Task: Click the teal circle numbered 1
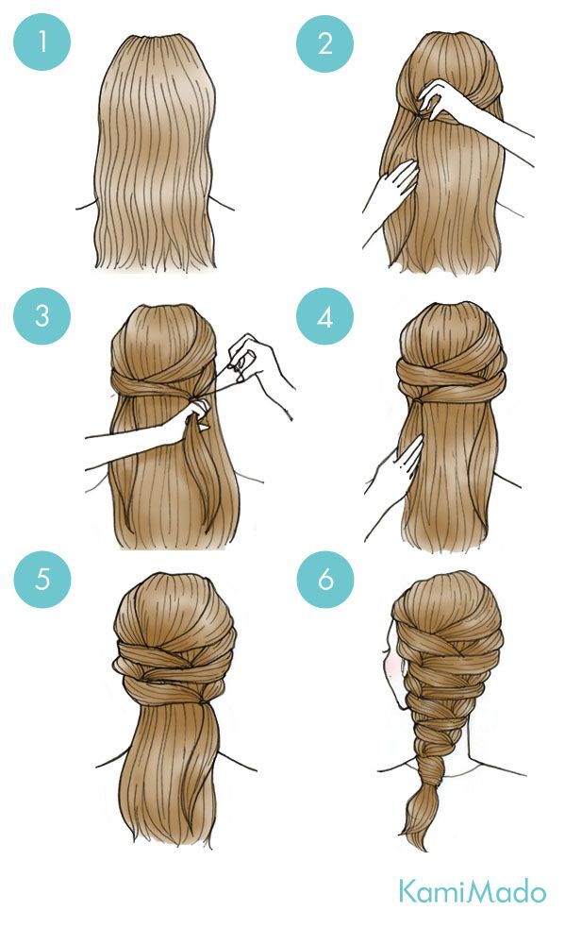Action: (42, 42)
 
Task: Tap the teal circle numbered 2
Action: (324, 43)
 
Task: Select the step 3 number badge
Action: (42, 315)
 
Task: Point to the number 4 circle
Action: (324, 316)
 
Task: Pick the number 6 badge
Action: (325, 580)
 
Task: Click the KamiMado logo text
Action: (472, 891)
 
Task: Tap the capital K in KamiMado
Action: (407, 891)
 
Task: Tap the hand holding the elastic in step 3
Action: (252, 358)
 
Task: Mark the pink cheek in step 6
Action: (390, 664)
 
